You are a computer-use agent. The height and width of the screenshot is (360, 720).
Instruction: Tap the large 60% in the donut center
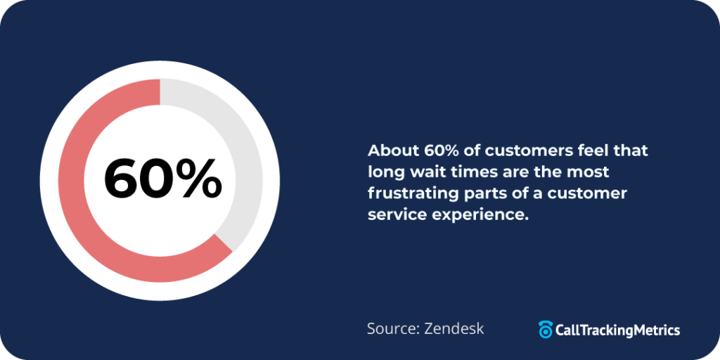click(x=162, y=179)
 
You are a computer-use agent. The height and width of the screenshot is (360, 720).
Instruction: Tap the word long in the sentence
click(x=384, y=172)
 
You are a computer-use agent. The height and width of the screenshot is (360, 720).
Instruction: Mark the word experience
click(x=477, y=214)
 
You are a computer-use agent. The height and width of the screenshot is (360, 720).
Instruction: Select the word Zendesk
click(x=454, y=328)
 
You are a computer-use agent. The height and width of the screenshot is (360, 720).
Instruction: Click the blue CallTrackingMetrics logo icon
click(x=546, y=329)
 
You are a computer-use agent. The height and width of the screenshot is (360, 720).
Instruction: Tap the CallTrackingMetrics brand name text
click(x=617, y=329)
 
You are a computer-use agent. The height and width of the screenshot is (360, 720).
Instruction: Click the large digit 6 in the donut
click(x=123, y=179)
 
